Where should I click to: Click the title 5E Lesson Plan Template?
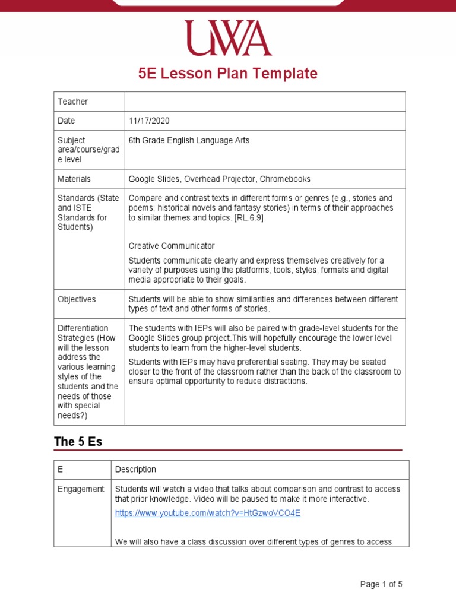(x=228, y=74)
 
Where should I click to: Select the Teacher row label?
(x=72, y=102)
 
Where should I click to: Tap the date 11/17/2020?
(x=149, y=121)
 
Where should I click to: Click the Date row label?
(x=66, y=121)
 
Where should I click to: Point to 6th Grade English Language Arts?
(x=189, y=140)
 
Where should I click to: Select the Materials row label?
(x=74, y=179)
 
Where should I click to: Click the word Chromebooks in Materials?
(x=286, y=179)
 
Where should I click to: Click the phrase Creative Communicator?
(x=172, y=246)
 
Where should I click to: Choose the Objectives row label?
(x=77, y=299)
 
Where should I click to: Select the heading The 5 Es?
(x=78, y=442)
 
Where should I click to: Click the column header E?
(x=60, y=470)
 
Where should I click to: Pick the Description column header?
(x=135, y=470)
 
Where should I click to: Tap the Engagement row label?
(x=81, y=489)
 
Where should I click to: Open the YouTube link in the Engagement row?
(x=208, y=513)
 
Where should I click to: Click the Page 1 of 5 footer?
(x=381, y=584)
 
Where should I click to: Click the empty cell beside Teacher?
(x=265, y=102)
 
